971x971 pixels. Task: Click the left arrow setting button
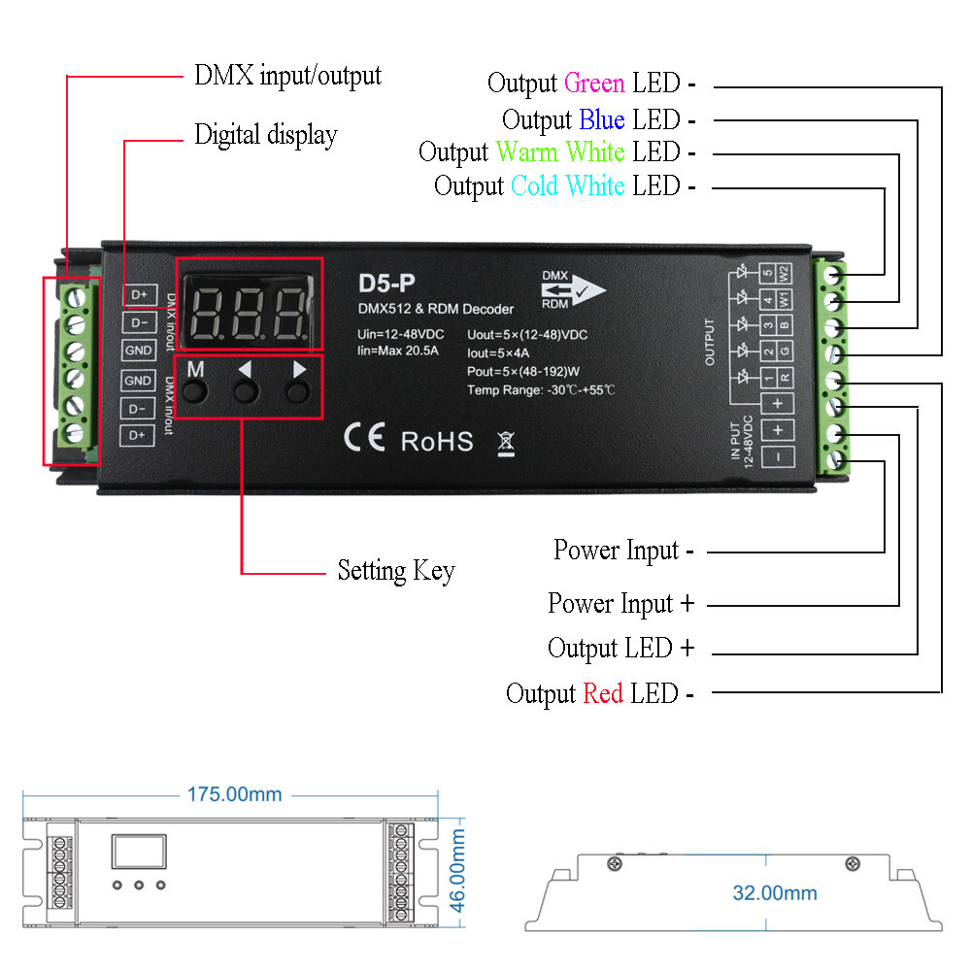coord(246,389)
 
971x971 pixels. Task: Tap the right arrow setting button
coord(298,389)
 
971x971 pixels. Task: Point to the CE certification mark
coord(364,439)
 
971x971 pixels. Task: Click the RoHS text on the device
coord(437,442)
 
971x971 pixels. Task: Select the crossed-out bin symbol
coord(506,443)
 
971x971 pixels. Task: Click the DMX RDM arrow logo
coord(572,288)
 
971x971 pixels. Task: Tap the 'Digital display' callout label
coord(265,135)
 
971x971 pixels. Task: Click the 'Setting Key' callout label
coord(395,570)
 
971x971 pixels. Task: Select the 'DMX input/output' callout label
coord(287,76)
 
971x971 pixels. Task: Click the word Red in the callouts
coord(602,694)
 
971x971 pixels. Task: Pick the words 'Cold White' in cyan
coord(567,185)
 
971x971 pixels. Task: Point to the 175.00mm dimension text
coord(234,794)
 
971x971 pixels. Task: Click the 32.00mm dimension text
coord(774,892)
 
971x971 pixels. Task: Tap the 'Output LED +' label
coord(620,648)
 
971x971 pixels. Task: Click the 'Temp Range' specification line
coord(541,389)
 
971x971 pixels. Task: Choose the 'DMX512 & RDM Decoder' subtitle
coord(436,309)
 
